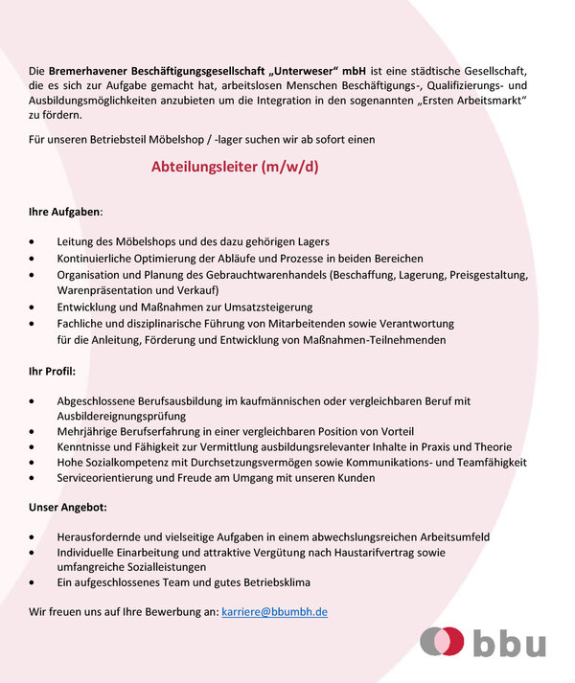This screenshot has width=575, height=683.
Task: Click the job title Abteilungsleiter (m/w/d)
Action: point(234,167)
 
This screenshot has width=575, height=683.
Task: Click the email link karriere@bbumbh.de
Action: point(274,610)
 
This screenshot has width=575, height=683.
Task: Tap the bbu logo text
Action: point(508,643)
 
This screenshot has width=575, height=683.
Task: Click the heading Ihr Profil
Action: point(53,369)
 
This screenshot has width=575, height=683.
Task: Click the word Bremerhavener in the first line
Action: point(85,71)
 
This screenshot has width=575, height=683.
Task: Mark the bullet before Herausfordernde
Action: point(34,537)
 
